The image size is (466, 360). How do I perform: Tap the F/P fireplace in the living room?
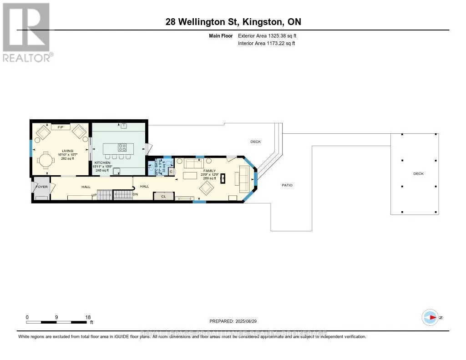pyautogui.click(x=60, y=127)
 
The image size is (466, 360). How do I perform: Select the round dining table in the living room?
pyautogui.click(x=46, y=161)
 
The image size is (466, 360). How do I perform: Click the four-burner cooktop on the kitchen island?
pyautogui.click(x=122, y=147)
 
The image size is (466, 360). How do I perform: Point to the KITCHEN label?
pyautogui.click(x=102, y=162)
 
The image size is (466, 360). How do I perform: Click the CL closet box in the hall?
pyautogui.click(x=163, y=196)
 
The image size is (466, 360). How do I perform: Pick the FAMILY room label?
pyautogui.click(x=209, y=171)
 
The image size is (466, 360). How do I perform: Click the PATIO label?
pyautogui.click(x=287, y=185)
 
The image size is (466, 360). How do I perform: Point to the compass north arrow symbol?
pyautogui.click(x=430, y=318)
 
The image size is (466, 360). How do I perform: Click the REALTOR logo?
pyautogui.click(x=27, y=32)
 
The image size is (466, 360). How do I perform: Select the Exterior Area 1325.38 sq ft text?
pyautogui.click(x=267, y=35)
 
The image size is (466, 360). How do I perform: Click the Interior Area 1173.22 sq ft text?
pyautogui.click(x=266, y=43)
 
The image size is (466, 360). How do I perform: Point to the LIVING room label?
pyautogui.click(x=68, y=150)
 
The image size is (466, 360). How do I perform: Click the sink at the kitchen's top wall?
pyautogui.click(x=123, y=126)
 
